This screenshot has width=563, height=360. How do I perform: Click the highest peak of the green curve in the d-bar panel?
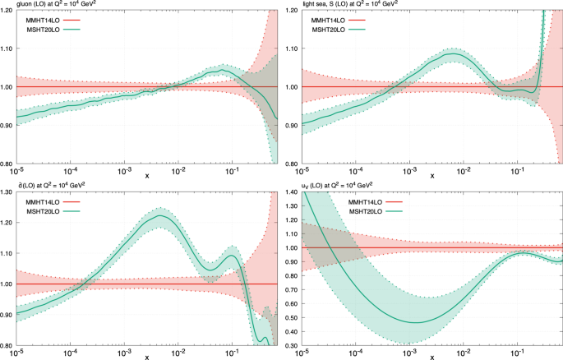click(x=160, y=218)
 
